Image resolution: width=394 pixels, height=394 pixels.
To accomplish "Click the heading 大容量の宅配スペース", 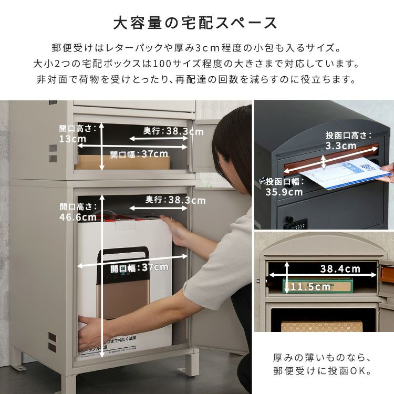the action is [195, 23].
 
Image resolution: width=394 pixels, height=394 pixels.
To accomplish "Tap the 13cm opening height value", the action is [72, 139].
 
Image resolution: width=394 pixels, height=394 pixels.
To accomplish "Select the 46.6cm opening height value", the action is [78, 217].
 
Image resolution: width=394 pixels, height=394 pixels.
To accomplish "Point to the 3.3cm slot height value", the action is [341, 146].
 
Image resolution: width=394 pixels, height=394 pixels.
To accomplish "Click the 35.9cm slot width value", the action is [284, 192].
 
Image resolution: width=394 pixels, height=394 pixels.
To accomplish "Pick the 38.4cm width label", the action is [340, 269].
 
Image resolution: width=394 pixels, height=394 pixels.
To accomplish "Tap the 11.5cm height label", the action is [310, 287].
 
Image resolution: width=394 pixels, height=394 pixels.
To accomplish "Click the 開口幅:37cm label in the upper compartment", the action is [139, 154].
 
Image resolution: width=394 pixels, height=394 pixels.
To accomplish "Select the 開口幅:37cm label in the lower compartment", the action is [139, 268].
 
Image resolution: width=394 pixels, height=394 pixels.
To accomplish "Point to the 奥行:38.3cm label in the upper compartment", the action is [173, 131].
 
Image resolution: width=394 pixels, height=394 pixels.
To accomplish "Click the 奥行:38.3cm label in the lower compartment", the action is [175, 200].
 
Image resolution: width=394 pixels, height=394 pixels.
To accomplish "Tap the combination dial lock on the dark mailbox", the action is [295, 224].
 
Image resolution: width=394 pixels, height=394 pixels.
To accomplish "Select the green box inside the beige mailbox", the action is [318, 286].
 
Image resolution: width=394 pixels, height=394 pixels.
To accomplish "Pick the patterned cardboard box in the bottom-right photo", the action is [322, 326].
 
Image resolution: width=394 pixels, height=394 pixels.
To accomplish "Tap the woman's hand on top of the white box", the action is [174, 230].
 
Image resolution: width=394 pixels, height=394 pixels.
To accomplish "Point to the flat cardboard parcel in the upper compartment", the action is [123, 162].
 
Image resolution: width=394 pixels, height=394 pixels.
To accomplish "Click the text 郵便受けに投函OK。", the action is [322, 371].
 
